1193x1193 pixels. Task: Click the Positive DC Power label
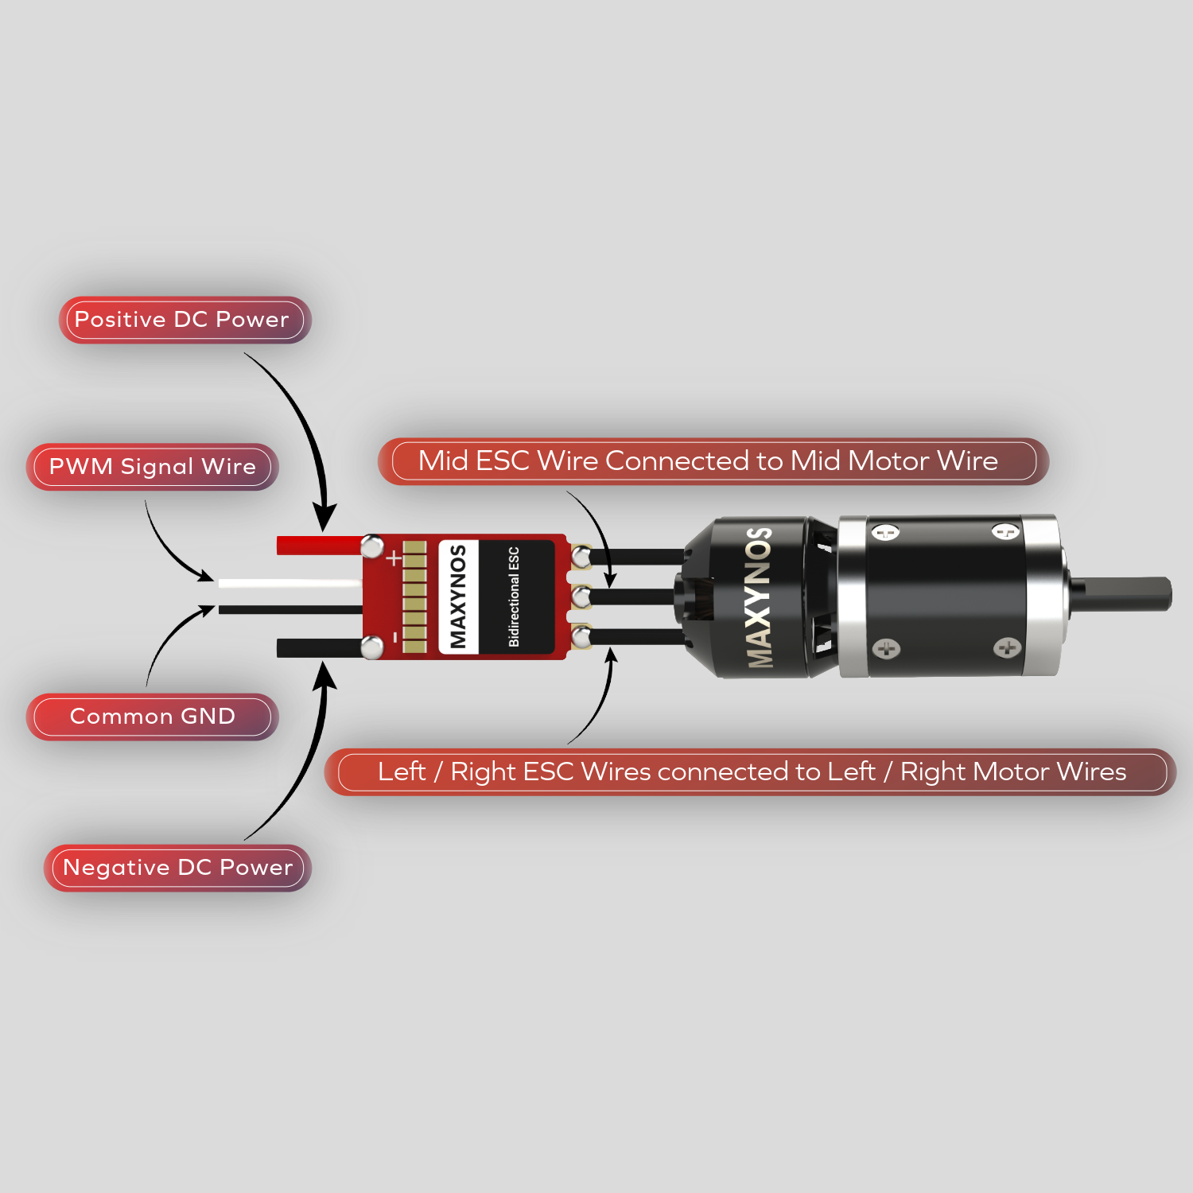181,320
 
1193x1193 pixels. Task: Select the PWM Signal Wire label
153,467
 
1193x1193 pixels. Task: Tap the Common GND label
153,717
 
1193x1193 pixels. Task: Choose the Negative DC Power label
178,868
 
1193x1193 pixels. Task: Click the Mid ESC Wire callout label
708,461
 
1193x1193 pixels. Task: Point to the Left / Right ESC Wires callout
752,772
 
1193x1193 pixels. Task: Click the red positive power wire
318,546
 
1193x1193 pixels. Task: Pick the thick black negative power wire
318,647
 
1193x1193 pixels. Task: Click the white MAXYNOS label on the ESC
458,596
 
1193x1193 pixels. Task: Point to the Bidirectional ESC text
514,596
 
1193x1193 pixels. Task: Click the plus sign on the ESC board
394,558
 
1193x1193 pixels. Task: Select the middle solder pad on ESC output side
581,595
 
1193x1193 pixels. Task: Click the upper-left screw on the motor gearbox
885,532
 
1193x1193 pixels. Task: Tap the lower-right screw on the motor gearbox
1007,647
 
